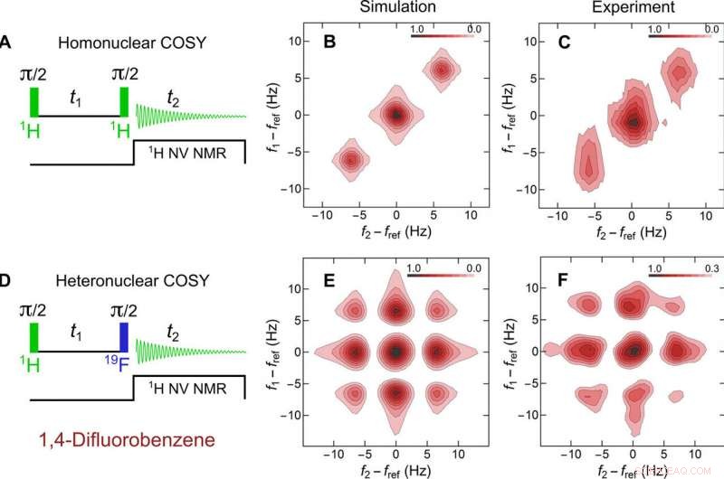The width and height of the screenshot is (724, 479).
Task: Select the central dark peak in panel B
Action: tap(395, 115)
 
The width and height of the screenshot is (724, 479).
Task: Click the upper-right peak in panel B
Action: tap(442, 70)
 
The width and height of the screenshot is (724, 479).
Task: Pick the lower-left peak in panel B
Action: tap(348, 160)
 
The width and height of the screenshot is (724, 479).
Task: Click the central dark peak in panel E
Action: tap(396, 351)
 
